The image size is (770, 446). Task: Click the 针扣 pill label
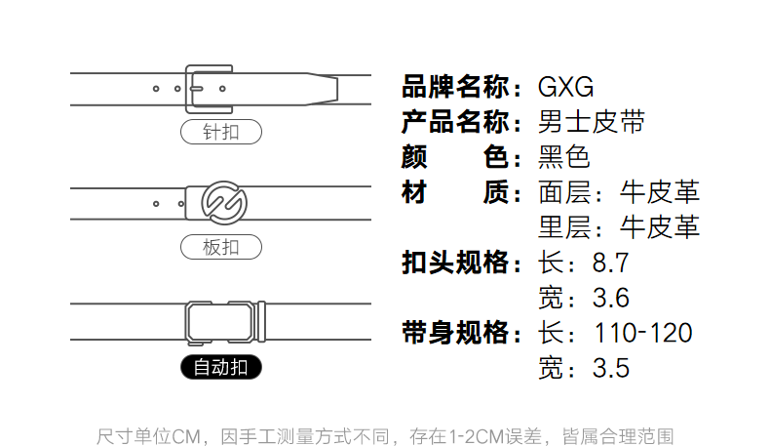[x=220, y=132]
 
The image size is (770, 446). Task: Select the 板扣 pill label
[x=220, y=247]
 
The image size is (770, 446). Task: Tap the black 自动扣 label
[x=221, y=367]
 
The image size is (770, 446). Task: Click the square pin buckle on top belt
[x=208, y=89]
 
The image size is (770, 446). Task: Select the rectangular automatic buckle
[x=225, y=321]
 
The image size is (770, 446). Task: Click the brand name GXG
[x=566, y=87]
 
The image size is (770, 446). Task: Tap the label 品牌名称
[x=456, y=87]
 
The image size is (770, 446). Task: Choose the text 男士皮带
[x=592, y=123]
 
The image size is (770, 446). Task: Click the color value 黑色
[x=564, y=157]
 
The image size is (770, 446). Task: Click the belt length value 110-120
[x=643, y=333]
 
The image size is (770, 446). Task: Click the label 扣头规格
[x=456, y=264]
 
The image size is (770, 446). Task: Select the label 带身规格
[x=456, y=333]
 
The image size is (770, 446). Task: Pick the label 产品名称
[x=456, y=123]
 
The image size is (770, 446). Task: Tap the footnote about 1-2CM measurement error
[x=385, y=435]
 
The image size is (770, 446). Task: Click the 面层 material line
[x=619, y=192]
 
